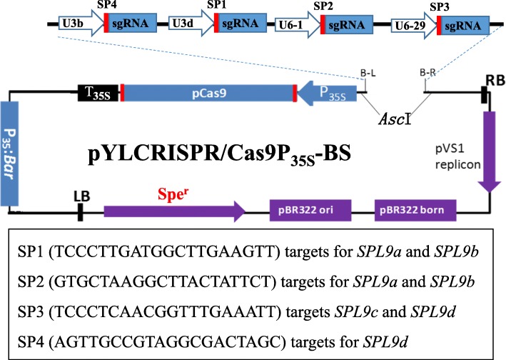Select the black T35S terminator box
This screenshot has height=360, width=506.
tap(99, 93)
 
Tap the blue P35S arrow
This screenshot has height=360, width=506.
tap(328, 93)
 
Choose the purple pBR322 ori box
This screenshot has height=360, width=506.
tap(311, 211)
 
